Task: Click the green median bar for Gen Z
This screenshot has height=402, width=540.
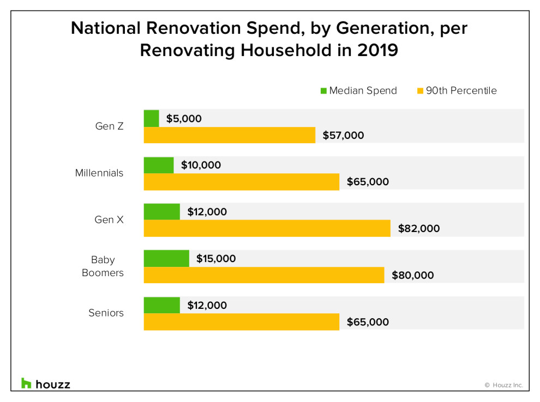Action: (151, 118)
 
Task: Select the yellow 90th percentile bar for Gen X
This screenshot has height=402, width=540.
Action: (267, 229)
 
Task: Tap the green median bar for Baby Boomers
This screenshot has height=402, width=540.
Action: (166, 259)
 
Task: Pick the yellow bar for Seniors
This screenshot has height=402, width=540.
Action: (241, 322)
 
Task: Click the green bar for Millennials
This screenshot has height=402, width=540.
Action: (159, 165)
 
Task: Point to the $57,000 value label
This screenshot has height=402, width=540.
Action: (343, 136)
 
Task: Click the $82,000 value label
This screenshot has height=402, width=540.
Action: (419, 229)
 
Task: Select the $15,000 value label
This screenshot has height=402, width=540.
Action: (216, 259)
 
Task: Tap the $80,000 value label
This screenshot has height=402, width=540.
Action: (413, 276)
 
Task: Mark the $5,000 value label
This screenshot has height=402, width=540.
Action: (184, 118)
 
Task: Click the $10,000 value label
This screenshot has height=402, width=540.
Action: (201, 165)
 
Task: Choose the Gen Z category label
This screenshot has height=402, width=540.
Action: (109, 126)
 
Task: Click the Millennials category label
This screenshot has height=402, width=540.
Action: (99, 173)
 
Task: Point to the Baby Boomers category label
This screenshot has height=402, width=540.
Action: (103, 266)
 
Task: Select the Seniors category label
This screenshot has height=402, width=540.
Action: (106, 313)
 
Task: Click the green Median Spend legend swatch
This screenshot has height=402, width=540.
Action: (323, 91)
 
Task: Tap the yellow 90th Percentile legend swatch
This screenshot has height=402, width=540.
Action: (420, 91)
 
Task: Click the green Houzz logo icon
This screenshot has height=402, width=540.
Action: (26, 383)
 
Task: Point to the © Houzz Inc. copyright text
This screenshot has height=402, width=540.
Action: (503, 385)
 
